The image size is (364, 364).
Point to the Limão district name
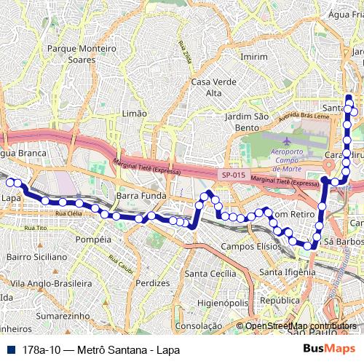coord(135,114)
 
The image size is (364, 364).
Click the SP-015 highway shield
coord(233,175)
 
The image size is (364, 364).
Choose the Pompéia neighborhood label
coord(93,239)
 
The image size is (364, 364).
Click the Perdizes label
coord(153,282)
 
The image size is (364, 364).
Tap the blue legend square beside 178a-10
coord(8,349)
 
